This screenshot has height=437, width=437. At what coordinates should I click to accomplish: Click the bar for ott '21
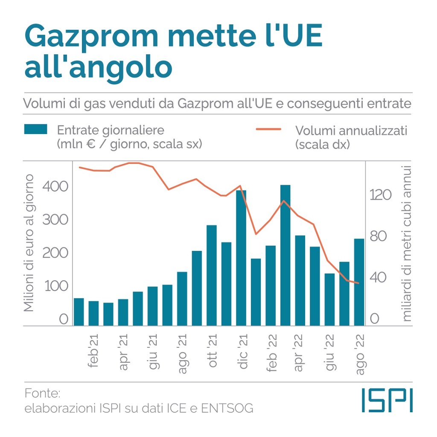[212, 275]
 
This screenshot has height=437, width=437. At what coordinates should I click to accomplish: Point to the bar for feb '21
[93, 313]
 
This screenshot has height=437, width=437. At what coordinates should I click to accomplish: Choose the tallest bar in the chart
[285, 255]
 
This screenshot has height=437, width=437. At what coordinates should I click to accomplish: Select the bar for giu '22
[329, 299]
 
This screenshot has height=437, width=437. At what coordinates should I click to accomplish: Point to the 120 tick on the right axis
[380, 195]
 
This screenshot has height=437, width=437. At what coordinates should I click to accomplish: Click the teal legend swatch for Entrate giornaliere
[35, 129]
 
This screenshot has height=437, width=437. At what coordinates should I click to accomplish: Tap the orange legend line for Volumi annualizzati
[269, 129]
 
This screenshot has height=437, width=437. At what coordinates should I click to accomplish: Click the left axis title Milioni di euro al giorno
[29, 242]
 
